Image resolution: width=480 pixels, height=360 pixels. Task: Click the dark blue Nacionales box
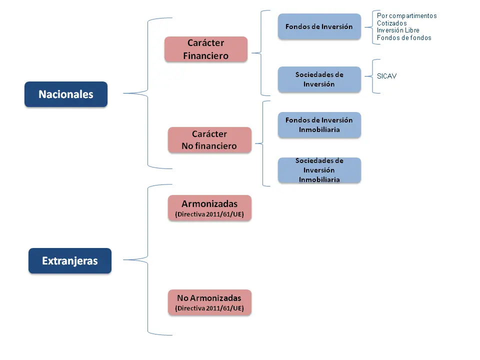[66, 94]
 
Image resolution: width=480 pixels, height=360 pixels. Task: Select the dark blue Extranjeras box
[70, 261]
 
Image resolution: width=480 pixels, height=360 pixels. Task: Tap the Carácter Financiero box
[205, 49]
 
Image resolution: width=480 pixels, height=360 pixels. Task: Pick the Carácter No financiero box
[209, 140]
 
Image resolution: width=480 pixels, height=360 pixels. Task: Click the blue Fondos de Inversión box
[319, 26]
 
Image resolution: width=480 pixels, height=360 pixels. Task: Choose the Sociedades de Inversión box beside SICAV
[319, 79]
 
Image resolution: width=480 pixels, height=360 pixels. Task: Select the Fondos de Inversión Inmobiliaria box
[319, 125]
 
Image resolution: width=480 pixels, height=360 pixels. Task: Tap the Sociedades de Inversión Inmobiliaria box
[319, 170]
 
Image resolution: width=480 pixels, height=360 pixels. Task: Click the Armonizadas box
[209, 208]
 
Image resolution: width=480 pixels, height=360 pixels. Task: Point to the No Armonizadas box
[209, 302]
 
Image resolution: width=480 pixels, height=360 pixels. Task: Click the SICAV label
[386, 76]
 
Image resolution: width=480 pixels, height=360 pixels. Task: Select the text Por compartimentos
[407, 15]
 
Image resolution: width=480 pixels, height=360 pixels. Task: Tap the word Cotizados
[392, 23]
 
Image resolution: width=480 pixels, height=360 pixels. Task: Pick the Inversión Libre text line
[398, 30]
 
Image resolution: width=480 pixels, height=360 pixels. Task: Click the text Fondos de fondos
[404, 37]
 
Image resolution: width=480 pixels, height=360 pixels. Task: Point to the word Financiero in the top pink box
[205, 55]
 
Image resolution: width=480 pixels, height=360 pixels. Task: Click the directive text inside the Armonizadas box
[209, 214]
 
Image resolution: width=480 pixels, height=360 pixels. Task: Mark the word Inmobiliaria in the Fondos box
[319, 130]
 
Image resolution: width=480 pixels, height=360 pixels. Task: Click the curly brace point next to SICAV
[365, 76]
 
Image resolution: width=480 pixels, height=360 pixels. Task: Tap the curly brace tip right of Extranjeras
[123, 260]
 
